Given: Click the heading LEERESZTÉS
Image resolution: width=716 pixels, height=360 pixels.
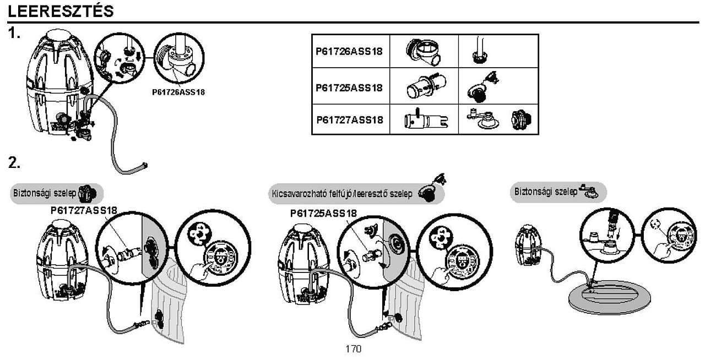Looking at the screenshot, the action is [61, 12].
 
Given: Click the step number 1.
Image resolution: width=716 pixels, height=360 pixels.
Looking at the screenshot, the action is [14, 33].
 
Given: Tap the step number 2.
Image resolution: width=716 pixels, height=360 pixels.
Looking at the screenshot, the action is [14, 163].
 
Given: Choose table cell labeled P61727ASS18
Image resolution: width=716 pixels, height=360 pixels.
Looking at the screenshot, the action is [350, 120].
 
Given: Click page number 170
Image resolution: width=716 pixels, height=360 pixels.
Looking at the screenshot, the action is [353, 349].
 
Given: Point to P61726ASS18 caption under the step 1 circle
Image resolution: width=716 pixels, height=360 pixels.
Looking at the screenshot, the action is [178, 92].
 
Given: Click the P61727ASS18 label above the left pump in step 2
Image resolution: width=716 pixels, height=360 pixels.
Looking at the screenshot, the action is [84, 210].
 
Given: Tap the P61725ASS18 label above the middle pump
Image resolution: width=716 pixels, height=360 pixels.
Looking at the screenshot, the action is [323, 214].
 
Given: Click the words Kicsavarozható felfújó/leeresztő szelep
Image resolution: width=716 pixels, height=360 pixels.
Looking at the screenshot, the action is [342, 194].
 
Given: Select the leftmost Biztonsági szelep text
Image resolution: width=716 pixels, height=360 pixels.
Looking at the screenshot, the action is [45, 193].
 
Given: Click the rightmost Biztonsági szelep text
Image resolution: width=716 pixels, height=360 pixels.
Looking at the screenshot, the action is [546, 192].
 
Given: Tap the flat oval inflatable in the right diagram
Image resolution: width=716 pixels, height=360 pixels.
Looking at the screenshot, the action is [609, 297].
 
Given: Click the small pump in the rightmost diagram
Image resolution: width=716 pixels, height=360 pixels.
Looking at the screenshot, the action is [528, 245].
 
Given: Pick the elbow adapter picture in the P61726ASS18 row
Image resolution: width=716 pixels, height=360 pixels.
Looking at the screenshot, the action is [423, 51].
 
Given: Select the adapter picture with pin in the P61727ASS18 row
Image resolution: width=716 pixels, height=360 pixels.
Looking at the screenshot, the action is [426, 119].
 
